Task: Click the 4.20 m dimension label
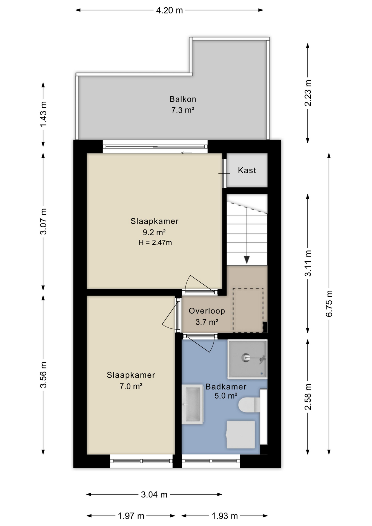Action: click(169, 10)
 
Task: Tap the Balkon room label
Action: click(183, 99)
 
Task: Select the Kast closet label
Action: click(247, 170)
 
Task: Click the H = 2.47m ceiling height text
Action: click(155, 242)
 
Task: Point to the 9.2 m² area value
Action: click(154, 232)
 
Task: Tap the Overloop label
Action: click(207, 311)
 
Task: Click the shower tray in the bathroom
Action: click(247, 359)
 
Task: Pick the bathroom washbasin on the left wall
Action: click(193, 404)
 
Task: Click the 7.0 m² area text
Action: click(131, 386)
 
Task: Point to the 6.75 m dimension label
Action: click(329, 304)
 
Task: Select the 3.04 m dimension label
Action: click(154, 494)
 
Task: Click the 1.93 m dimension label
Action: click(225, 516)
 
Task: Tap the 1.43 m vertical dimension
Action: click(43, 114)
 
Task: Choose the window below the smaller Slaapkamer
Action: click(141, 461)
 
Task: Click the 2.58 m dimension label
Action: click(308, 397)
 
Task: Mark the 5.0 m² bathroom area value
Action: click(226, 396)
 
